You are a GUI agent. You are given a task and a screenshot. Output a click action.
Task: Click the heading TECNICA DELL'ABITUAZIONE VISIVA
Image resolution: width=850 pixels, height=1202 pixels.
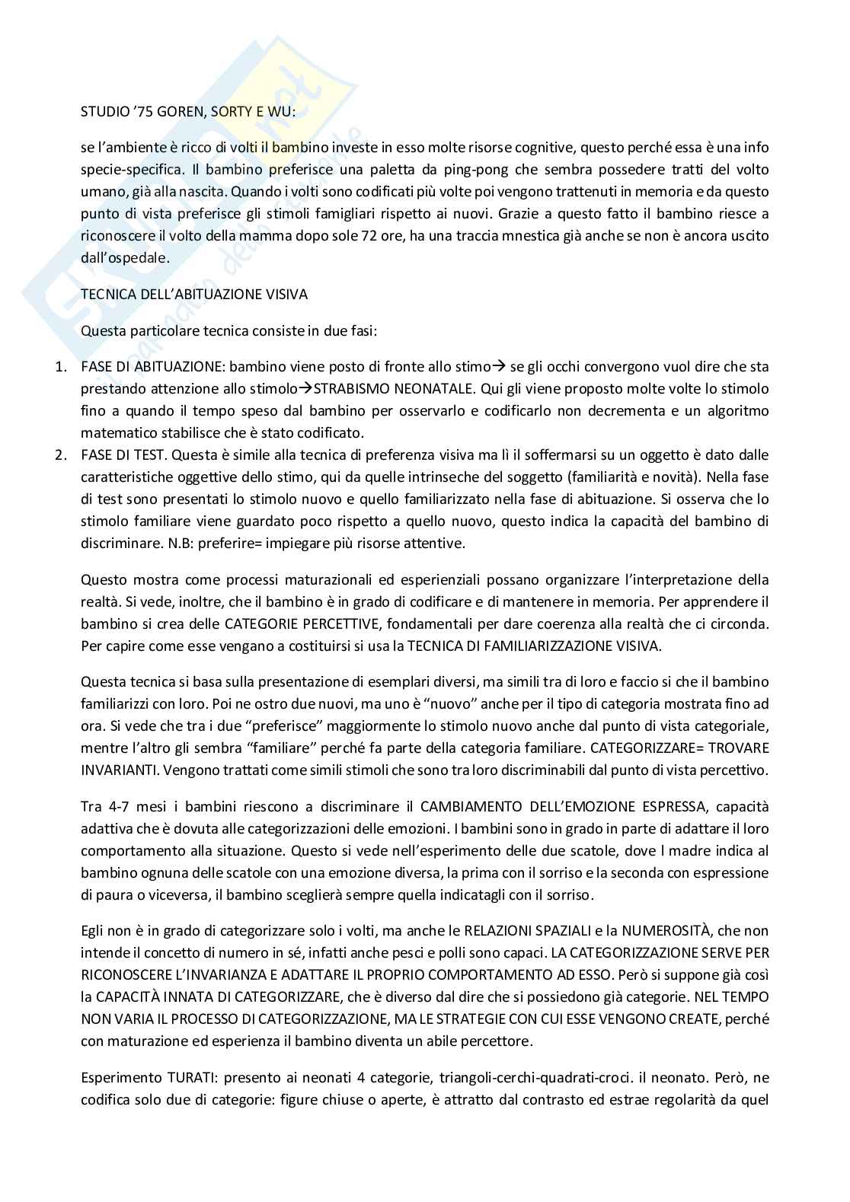[x=194, y=294]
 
